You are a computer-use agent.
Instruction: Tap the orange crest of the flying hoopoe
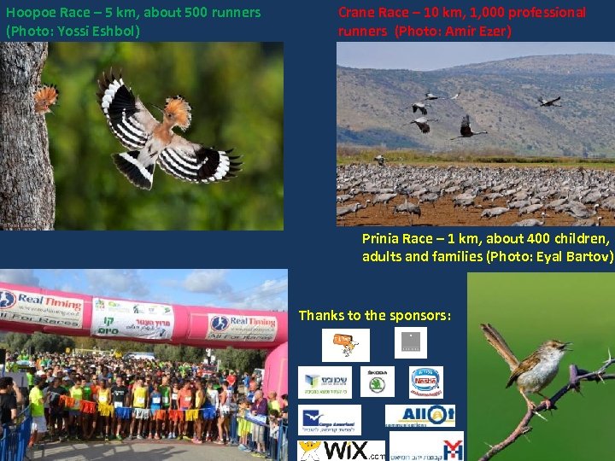click(x=177, y=108)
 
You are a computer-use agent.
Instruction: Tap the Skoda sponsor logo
click(x=377, y=382)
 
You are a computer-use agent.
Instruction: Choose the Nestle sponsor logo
click(x=426, y=382)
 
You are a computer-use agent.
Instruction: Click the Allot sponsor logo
click(x=419, y=416)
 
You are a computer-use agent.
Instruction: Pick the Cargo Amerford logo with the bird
click(x=330, y=419)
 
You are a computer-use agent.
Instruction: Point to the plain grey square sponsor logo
click(x=411, y=343)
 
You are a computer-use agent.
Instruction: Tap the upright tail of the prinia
click(x=493, y=337)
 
